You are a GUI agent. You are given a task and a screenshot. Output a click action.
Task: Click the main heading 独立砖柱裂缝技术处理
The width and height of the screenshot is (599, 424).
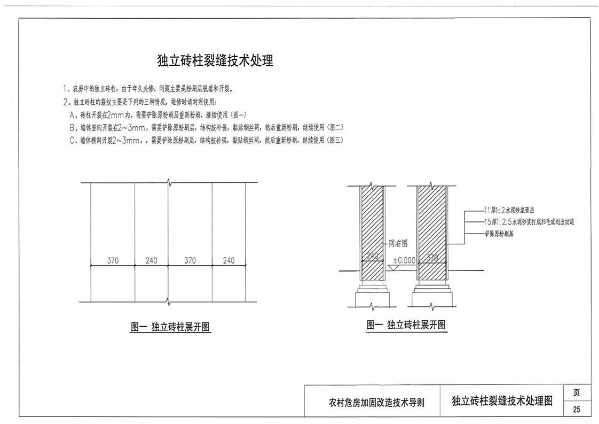click(x=215, y=61)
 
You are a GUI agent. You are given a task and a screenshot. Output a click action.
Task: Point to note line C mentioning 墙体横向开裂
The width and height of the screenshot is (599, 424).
click(x=206, y=141)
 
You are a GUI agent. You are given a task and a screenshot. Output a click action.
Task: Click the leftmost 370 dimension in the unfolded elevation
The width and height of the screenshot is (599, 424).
click(x=113, y=261)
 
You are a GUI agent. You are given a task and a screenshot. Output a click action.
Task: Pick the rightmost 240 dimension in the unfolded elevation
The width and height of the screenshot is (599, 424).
click(x=228, y=261)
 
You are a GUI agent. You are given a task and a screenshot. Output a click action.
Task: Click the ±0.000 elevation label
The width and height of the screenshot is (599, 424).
click(x=404, y=260)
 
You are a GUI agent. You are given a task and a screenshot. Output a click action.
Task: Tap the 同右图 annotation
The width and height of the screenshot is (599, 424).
click(x=398, y=243)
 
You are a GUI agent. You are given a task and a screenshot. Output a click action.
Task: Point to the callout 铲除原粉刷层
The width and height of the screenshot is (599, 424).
click(x=499, y=234)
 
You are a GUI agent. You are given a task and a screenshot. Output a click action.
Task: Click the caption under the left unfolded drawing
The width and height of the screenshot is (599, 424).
click(x=170, y=327)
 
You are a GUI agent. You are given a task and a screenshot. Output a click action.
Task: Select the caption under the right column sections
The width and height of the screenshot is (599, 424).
click(x=406, y=325)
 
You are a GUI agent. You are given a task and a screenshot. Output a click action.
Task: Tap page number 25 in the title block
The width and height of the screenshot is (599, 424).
click(x=577, y=410)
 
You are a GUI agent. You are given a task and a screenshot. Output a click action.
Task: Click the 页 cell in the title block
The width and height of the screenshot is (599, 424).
click(x=577, y=392)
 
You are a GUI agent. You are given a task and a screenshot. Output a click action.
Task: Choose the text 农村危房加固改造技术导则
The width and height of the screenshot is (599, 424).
click(x=376, y=403)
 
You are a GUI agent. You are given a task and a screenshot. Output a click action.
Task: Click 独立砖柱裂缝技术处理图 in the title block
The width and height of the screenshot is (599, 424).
click(x=501, y=401)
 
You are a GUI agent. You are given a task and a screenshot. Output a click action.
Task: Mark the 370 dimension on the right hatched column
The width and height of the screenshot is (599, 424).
click(x=432, y=258)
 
